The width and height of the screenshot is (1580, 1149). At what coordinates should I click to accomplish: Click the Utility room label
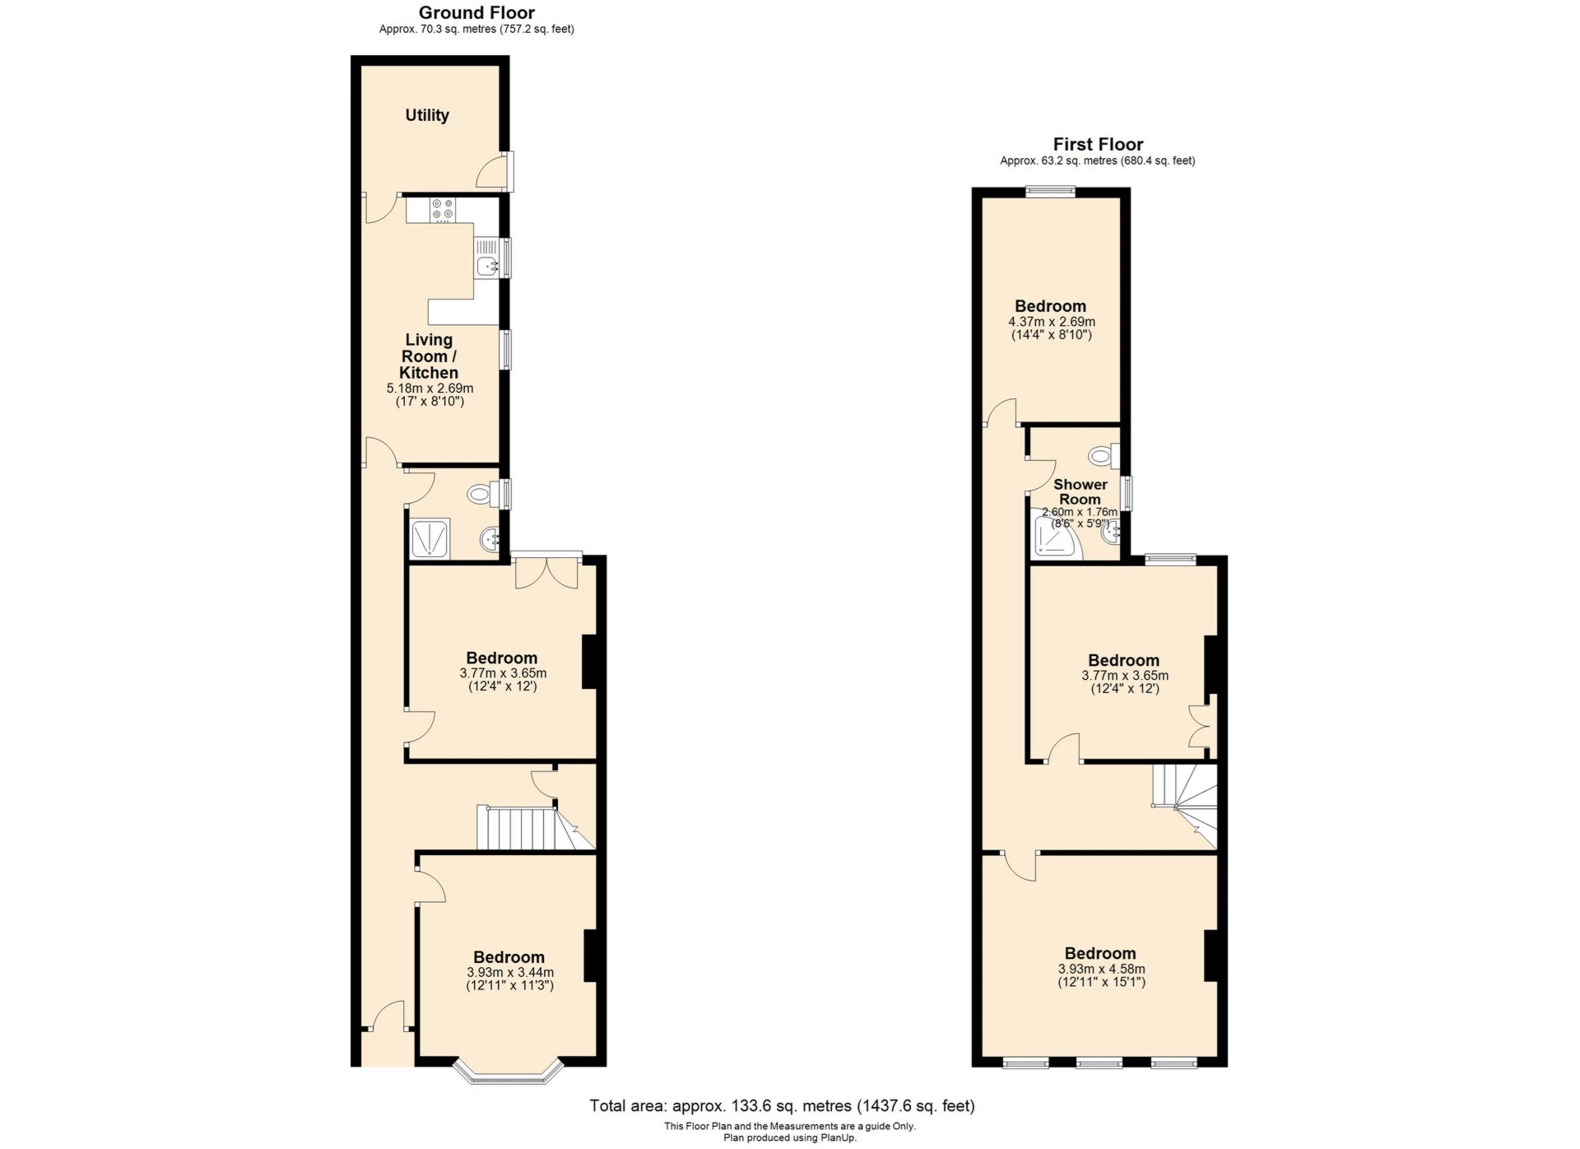[426, 115]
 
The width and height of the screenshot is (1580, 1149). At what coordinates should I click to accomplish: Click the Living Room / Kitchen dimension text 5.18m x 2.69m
[430, 388]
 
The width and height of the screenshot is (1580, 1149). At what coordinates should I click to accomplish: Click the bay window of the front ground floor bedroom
[508, 1072]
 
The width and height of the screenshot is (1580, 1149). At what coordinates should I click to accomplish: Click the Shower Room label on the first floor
[1080, 491]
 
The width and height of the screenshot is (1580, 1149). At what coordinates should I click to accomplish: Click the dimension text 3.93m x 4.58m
[1101, 969]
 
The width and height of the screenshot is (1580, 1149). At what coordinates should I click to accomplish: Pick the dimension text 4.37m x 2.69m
[1051, 322]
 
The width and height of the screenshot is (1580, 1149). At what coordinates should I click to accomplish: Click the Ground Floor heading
[476, 12]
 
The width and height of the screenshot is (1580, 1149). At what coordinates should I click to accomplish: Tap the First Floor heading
[1097, 144]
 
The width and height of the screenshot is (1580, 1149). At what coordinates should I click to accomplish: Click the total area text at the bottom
[781, 1105]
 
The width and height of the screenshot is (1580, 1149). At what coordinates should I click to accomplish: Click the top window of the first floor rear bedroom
[1050, 191]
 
